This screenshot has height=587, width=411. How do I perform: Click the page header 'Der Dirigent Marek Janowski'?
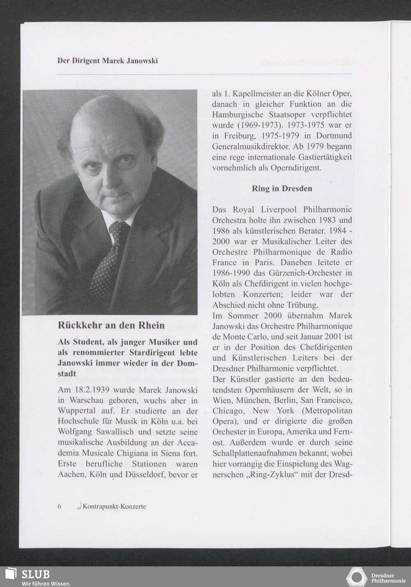point(108,61)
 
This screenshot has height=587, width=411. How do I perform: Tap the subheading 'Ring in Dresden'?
point(282,189)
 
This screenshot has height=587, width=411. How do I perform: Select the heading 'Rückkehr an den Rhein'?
point(111,326)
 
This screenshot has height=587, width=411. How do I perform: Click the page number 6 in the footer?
point(60,506)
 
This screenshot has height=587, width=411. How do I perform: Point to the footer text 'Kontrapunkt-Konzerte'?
point(114,506)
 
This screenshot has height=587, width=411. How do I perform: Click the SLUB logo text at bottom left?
point(36,574)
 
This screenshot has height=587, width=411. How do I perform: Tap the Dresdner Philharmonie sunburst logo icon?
point(356,576)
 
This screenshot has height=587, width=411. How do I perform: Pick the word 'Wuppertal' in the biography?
point(77,411)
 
